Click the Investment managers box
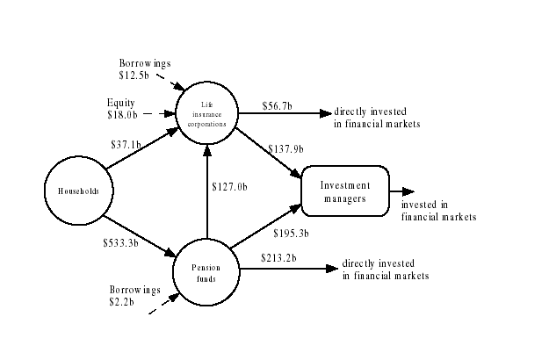[x=345, y=191]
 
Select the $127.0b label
[x=230, y=186]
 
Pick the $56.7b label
[x=277, y=106]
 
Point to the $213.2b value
[x=278, y=257]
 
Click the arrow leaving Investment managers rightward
[x=402, y=191]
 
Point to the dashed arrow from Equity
[x=158, y=113]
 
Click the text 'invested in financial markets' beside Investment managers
[x=437, y=210]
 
